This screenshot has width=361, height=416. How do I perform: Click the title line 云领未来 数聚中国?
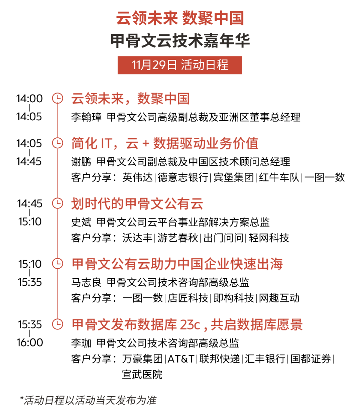pos(180,18)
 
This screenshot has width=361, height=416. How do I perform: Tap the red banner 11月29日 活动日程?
pos(180,65)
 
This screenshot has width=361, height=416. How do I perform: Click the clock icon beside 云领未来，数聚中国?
pos(57,99)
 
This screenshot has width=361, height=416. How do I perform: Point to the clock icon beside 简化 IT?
pos(57,143)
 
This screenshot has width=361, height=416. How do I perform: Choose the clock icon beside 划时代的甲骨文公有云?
pos(57,203)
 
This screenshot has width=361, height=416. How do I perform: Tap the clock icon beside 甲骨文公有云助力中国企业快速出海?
pos(57,264)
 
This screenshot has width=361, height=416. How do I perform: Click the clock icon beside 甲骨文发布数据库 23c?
pos(57,324)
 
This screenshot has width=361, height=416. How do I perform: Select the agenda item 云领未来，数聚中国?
pos(130,99)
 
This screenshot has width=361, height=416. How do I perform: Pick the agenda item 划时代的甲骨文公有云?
pos(137,204)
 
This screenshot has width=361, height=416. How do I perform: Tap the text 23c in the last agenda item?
pos(190,325)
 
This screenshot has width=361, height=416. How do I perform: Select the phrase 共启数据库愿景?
pos(257,325)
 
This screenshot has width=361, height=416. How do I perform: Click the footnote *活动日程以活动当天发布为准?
pos(88,400)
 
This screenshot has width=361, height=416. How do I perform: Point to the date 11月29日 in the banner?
pos(154,65)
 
